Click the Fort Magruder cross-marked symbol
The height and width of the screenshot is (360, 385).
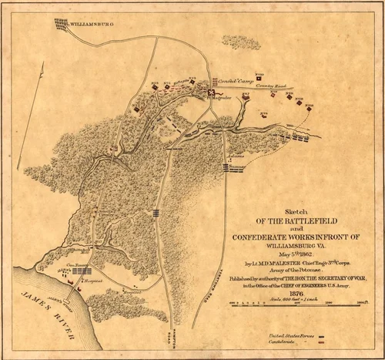pos(210,94)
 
